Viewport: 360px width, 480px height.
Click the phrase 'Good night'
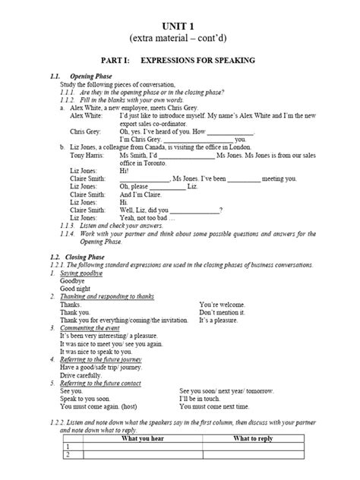tap(76, 288)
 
